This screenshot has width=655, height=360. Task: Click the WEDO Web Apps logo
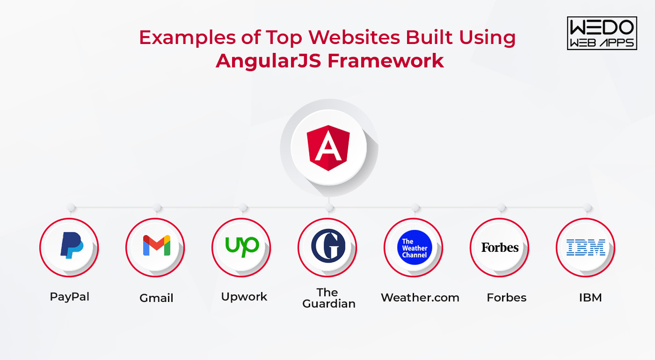[602, 33]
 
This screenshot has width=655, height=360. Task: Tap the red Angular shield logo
[328, 148]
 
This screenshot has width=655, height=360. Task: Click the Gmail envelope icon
[156, 245]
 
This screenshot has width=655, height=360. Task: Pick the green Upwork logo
[242, 245]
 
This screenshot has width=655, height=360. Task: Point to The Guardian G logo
[328, 245]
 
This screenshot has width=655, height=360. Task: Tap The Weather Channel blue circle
[415, 248]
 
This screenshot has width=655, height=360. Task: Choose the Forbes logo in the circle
[500, 247]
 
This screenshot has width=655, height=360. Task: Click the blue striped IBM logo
[586, 247]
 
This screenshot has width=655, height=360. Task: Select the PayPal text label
[70, 297]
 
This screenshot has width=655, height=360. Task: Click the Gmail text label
[156, 298]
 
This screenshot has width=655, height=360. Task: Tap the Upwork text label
[244, 297]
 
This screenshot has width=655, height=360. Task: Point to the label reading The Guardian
[328, 298]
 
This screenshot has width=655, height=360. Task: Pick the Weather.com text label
[420, 298]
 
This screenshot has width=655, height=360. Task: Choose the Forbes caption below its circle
[506, 298]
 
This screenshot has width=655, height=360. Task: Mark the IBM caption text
[590, 298]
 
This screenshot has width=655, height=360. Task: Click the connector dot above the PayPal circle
[71, 207]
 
